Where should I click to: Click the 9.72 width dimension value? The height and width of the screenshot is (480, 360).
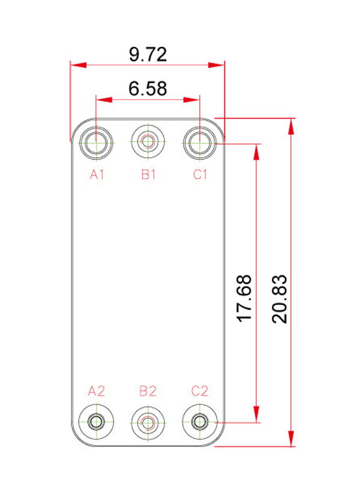click(148, 55)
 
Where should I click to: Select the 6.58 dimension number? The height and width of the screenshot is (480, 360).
click(148, 88)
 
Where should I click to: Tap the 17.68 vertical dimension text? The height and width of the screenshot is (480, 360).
click(244, 298)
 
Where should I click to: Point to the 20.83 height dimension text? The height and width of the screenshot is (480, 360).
click(279, 299)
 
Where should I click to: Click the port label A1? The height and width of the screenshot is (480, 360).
click(97, 175)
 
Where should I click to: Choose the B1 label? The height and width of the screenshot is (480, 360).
click(148, 175)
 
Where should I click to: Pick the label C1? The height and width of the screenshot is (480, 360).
click(200, 175)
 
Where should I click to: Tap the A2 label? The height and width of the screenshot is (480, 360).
click(97, 391)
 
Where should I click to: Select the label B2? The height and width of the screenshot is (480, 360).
click(148, 391)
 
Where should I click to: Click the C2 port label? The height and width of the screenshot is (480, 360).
click(200, 391)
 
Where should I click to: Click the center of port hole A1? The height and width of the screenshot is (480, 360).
click(96, 142)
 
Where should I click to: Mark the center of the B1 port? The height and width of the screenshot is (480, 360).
click(148, 142)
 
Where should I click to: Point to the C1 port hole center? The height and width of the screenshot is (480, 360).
click(200, 142)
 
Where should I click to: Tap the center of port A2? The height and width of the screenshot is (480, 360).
click(96, 422)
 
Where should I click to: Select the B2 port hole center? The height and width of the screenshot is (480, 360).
click(148, 423)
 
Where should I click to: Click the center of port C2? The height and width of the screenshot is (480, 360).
click(200, 422)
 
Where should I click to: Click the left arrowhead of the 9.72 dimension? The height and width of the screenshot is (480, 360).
click(79, 65)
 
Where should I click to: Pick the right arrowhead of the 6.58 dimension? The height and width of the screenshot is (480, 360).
click(191, 100)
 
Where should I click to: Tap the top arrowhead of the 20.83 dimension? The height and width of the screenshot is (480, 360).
click(291, 126)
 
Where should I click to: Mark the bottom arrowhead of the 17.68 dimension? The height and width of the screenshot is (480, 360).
click(257, 415)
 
